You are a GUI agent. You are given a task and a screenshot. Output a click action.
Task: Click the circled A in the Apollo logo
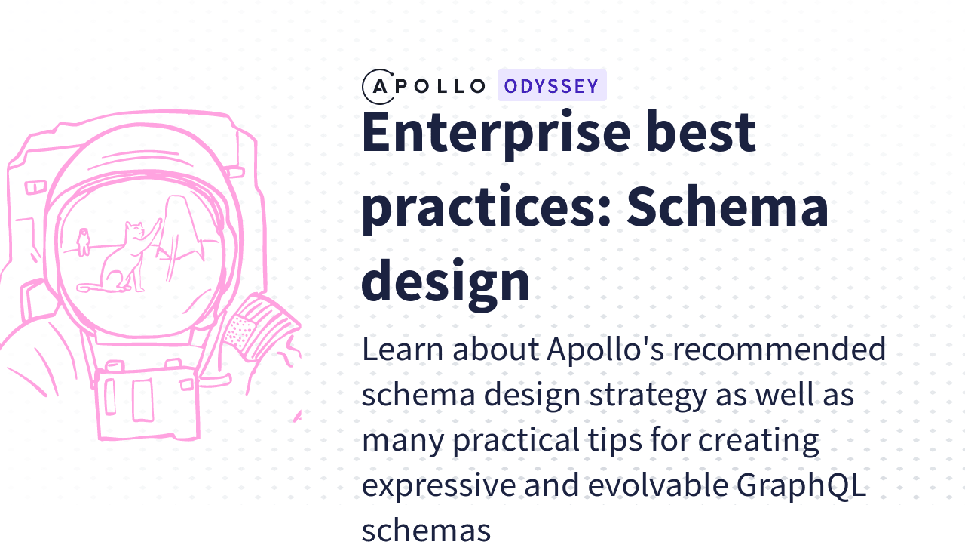(378, 86)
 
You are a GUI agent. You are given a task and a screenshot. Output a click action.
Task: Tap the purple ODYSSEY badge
(552, 86)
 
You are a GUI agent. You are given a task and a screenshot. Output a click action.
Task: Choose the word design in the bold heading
(446, 280)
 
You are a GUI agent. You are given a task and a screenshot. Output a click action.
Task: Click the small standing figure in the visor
(83, 242)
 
